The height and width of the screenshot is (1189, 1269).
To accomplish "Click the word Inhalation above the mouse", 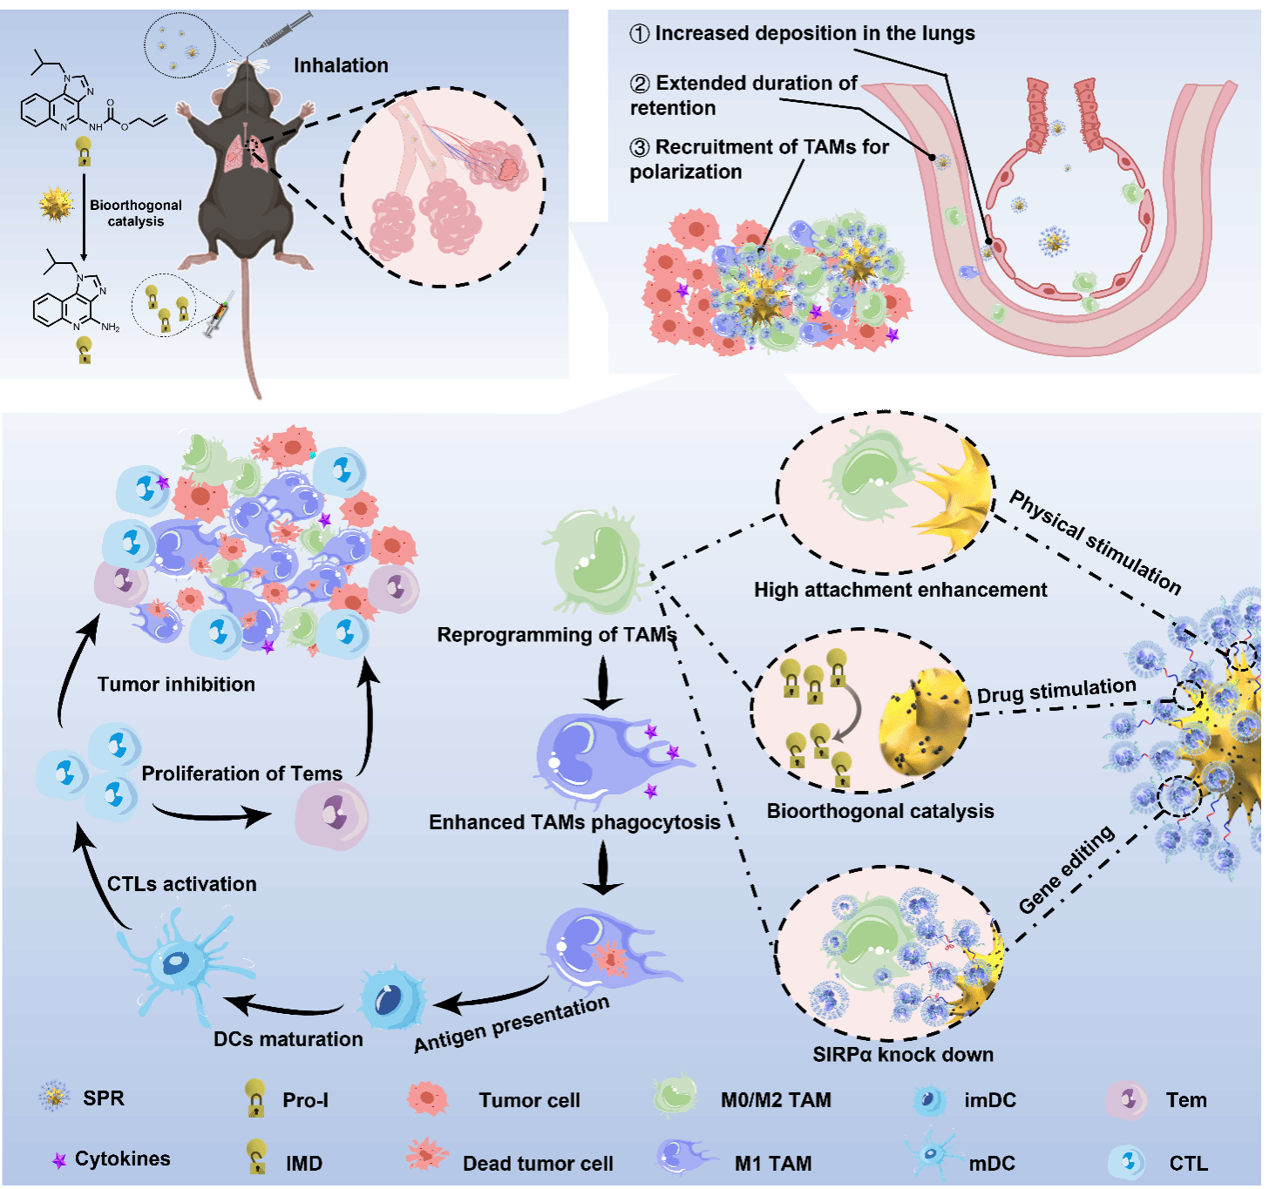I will point(341,65).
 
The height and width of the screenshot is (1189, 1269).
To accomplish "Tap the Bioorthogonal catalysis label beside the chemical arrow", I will point(136,213).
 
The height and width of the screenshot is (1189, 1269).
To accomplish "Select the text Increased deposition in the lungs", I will point(814,33).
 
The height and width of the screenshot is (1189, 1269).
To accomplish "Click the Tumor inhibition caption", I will point(176,684).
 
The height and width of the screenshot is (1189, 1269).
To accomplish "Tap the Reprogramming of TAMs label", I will point(556,634).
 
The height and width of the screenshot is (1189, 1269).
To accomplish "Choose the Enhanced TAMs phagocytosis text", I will point(574,821).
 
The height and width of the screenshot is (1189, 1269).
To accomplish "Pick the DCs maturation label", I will point(288,1038).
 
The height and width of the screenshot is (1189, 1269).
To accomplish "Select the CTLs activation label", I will point(181,884).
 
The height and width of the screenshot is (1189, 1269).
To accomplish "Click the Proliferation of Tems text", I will point(241,774).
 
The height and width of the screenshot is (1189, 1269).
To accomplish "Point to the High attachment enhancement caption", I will point(900,590).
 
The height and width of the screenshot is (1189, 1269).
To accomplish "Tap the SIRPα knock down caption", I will point(903,1054).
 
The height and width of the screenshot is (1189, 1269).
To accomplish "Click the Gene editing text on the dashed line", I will point(1067,869).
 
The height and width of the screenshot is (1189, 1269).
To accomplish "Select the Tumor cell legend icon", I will point(427,1098).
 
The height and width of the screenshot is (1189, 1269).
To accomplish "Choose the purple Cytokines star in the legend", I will point(59,1160).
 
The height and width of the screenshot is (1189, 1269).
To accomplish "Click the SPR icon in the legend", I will point(54,1097).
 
